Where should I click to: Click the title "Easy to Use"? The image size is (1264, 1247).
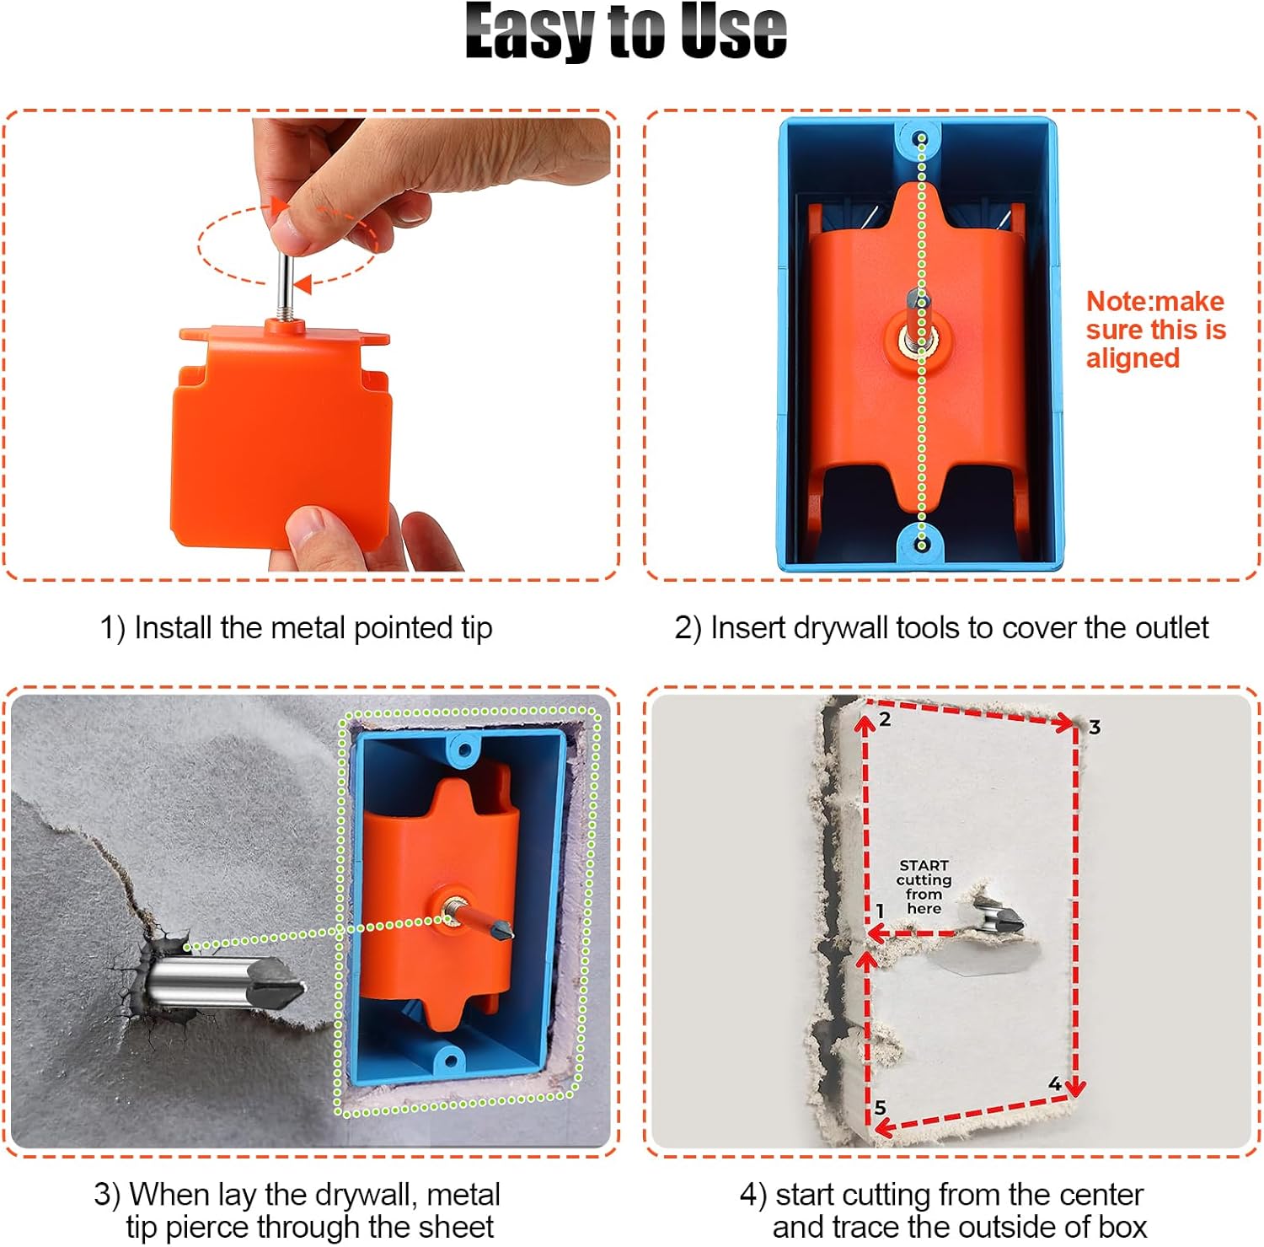tap(625, 32)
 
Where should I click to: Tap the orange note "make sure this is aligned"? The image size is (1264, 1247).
tap(1154, 330)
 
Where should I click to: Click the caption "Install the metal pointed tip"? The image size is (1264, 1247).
tap(296, 628)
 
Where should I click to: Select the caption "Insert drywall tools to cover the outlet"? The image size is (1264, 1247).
tap(940, 628)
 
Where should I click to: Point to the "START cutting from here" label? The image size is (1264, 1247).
tap(924, 887)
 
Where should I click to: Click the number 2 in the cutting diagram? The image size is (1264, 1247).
tap(885, 719)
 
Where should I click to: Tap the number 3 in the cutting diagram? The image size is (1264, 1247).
tap(1094, 727)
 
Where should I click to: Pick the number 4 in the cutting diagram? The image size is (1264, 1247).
tap(1054, 1083)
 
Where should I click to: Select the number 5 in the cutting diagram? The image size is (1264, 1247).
tap(881, 1107)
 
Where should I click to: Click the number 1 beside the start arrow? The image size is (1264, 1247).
tap(880, 911)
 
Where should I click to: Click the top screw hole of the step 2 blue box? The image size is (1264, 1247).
tap(921, 138)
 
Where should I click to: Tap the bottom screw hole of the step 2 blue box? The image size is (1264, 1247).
tap(921, 546)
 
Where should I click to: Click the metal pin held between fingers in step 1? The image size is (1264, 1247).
tap(286, 282)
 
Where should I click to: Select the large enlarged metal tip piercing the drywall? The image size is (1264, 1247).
tap(226, 982)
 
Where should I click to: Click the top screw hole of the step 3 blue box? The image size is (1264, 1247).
tap(460, 749)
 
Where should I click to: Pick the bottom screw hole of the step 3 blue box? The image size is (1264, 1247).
tap(449, 1060)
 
